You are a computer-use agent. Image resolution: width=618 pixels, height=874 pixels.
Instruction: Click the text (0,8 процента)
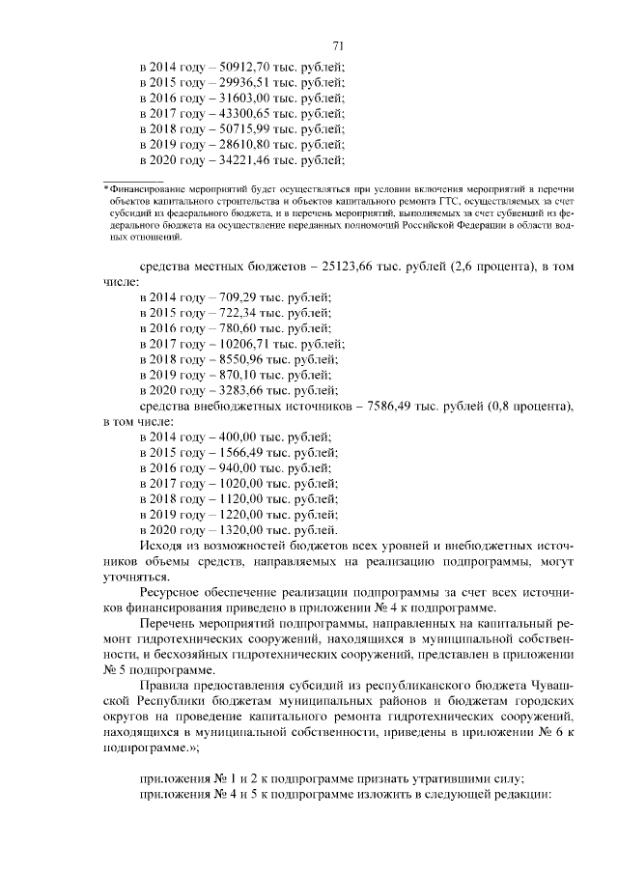(518, 406)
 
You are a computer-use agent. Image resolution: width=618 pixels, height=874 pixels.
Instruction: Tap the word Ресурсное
(173, 592)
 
